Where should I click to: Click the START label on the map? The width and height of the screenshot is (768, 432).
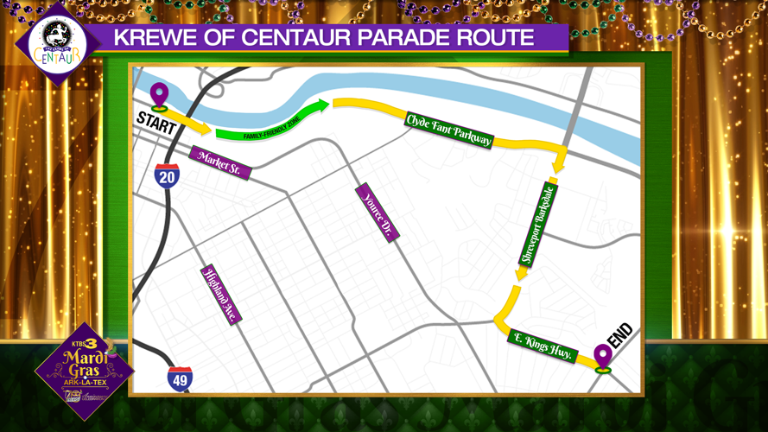pyautogui.click(x=156, y=124)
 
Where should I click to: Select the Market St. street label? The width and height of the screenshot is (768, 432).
pyautogui.click(x=219, y=162)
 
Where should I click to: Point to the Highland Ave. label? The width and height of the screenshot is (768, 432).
pyautogui.click(x=220, y=295)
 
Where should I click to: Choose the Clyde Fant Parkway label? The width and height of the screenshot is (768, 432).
pyautogui.click(x=448, y=130)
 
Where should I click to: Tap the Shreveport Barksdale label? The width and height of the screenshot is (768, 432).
pyautogui.click(x=537, y=223)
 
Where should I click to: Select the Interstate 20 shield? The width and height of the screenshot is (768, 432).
pyautogui.click(x=168, y=176)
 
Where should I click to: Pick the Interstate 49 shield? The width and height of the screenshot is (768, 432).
pyautogui.click(x=180, y=378)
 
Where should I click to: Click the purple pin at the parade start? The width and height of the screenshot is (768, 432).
pyautogui.click(x=159, y=95)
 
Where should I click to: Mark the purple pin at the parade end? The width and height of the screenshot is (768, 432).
pyautogui.click(x=602, y=356)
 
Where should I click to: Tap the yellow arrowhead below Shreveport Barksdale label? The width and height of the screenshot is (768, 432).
pyautogui.click(x=521, y=273)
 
